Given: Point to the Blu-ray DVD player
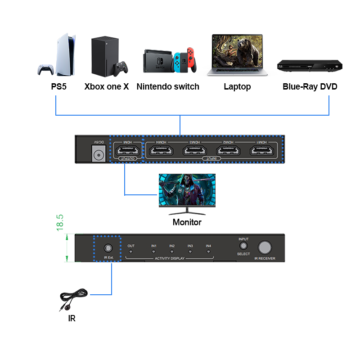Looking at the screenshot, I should [310, 66].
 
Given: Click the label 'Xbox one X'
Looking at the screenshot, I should [107, 87].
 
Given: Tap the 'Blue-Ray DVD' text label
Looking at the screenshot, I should [310, 87].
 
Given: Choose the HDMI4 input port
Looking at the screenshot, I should [162, 152].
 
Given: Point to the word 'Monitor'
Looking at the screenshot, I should [187, 222].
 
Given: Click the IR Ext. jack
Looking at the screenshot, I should [108, 248].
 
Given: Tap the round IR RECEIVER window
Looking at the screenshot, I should [265, 247].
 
